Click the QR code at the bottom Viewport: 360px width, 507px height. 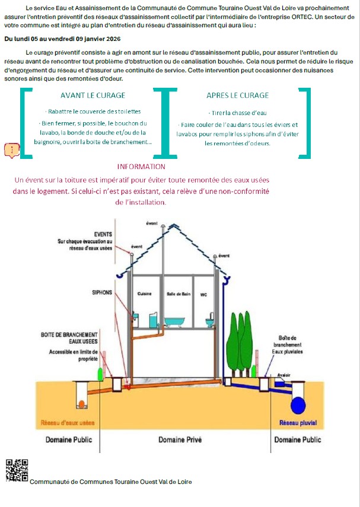coord(17,470)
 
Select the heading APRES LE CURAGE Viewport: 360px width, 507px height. coord(237,95)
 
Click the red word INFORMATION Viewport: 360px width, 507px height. coord(141,167)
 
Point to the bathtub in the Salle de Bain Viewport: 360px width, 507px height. coord(175,321)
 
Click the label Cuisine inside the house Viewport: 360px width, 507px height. coord(145,294)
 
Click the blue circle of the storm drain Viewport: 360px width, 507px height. coord(298,406)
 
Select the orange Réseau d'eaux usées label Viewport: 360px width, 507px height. coord(67,423)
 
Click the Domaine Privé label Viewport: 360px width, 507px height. coord(180,439)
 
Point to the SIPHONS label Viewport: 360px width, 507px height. coord(102,292)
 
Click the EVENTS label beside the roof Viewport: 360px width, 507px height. coord(103,234)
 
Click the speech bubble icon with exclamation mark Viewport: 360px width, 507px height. coord(12,149)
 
